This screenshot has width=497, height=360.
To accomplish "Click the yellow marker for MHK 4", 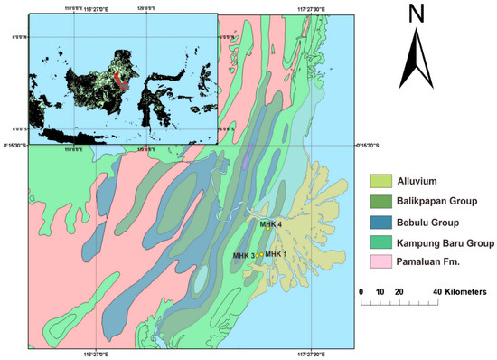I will pos(268,230).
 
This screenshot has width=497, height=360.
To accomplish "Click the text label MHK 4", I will pos(271,223).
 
